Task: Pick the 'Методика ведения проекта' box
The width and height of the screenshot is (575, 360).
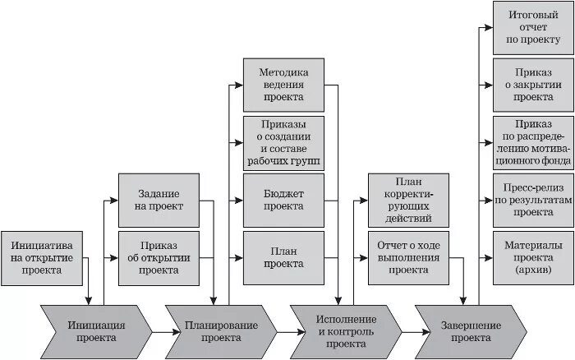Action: tap(283, 85)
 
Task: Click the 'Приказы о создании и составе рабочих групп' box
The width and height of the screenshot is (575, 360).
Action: tap(283, 142)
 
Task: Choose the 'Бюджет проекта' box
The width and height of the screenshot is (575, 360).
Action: tap(283, 200)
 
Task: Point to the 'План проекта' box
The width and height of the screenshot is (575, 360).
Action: tap(283, 257)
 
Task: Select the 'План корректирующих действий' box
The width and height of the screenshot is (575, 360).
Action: tap(408, 200)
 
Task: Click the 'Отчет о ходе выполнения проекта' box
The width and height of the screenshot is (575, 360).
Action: tap(408, 257)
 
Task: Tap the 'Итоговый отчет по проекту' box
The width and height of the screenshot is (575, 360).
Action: tap(533, 27)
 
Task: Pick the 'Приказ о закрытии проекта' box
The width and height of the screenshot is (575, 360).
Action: tap(533, 85)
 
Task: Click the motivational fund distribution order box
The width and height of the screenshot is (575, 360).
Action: tap(533, 142)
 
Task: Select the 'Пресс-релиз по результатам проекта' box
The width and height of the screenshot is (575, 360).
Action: tap(533, 200)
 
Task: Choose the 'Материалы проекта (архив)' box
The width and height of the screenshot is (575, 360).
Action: tap(533, 257)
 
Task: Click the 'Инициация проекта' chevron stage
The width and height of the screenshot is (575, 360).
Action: tap(97, 330)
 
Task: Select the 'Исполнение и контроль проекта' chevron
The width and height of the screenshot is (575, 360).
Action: tap(346, 330)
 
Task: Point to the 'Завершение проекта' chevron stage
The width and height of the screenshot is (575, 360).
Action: tap(471, 330)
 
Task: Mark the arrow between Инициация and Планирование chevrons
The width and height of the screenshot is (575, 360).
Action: tap(160, 330)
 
